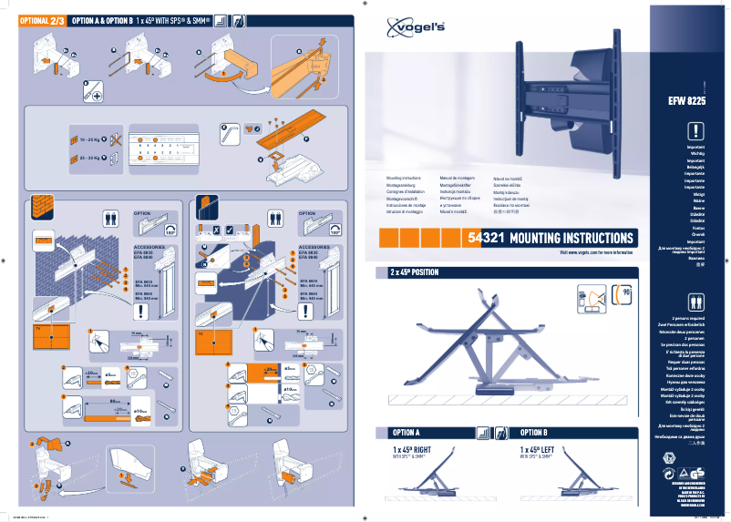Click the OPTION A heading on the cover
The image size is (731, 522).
click(x=406, y=433)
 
